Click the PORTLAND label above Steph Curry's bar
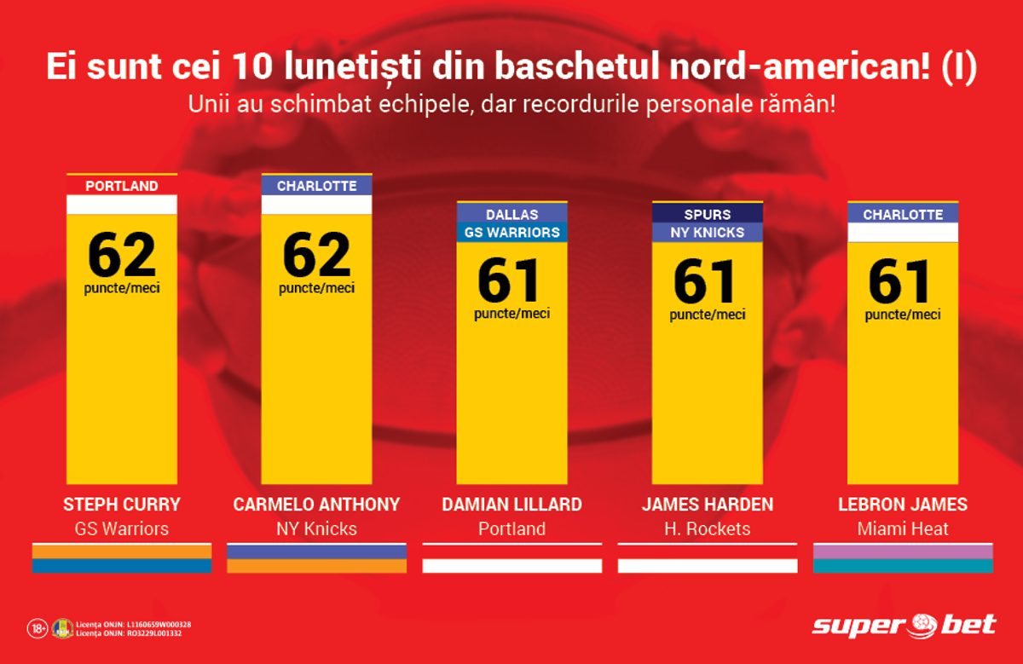point(122,186)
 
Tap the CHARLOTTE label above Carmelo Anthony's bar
point(317,186)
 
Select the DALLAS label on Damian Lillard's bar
point(512,214)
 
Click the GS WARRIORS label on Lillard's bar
point(512,233)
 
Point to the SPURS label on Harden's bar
point(708,214)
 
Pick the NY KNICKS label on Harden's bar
point(708,233)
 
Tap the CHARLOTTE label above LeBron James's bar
point(903,214)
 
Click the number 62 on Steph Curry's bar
point(122,254)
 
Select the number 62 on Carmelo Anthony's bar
point(317,254)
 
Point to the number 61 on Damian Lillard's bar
point(509,280)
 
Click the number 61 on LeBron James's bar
point(899,280)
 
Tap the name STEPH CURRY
point(122,505)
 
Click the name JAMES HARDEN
point(708,505)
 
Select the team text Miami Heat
point(903,528)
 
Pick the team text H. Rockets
point(708,528)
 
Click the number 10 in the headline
point(252,66)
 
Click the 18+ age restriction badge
point(38,629)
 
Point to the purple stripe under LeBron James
point(903,551)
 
